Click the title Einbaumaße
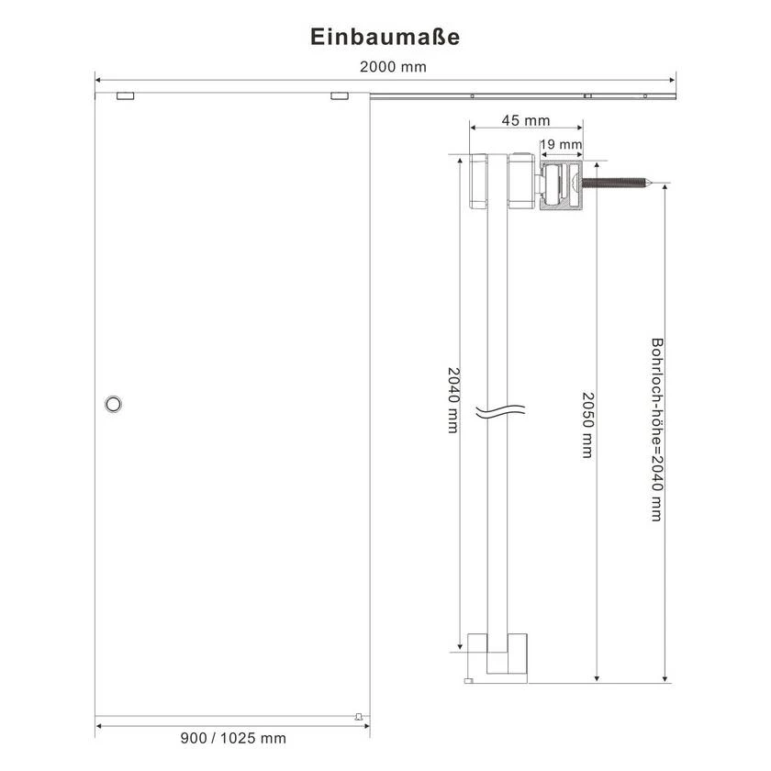(x=385, y=37)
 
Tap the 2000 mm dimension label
(x=393, y=67)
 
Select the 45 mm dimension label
(x=526, y=120)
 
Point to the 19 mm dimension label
(x=561, y=145)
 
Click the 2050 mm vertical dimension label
(x=588, y=425)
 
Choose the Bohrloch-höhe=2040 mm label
(x=657, y=430)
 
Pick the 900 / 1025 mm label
(x=233, y=738)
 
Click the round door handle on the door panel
(x=113, y=404)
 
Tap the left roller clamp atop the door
(x=126, y=95)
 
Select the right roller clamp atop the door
(x=340, y=95)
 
